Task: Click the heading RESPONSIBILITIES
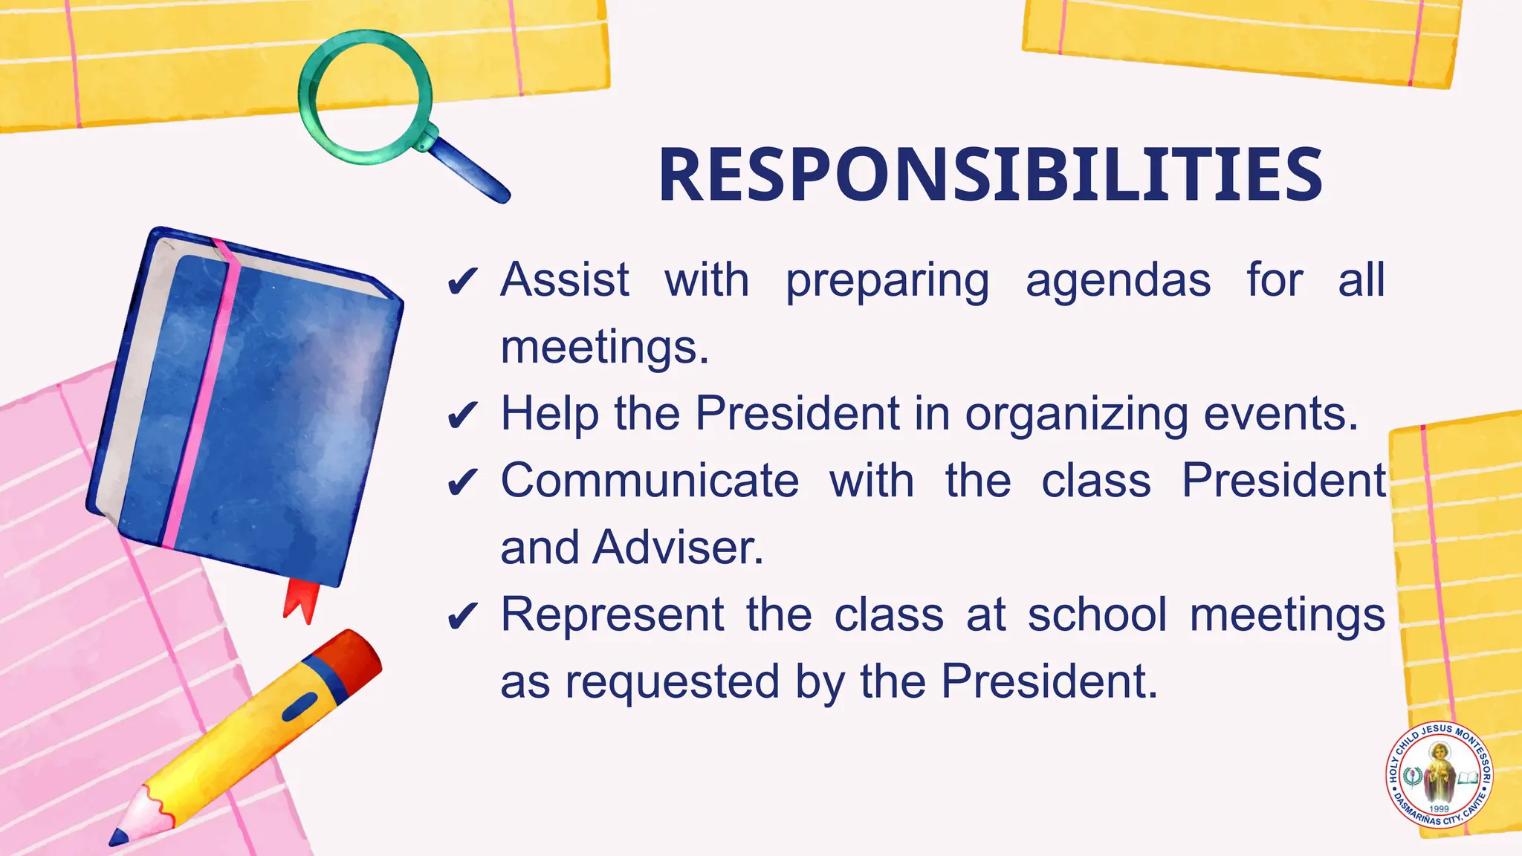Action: [x=990, y=175]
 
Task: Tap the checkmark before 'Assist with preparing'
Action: [x=462, y=282]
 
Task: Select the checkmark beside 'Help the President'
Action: [x=462, y=416]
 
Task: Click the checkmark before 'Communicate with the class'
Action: [x=462, y=483]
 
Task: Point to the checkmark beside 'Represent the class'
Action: [x=462, y=617]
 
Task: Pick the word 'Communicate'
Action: [x=650, y=481]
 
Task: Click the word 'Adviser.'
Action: [x=678, y=548]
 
